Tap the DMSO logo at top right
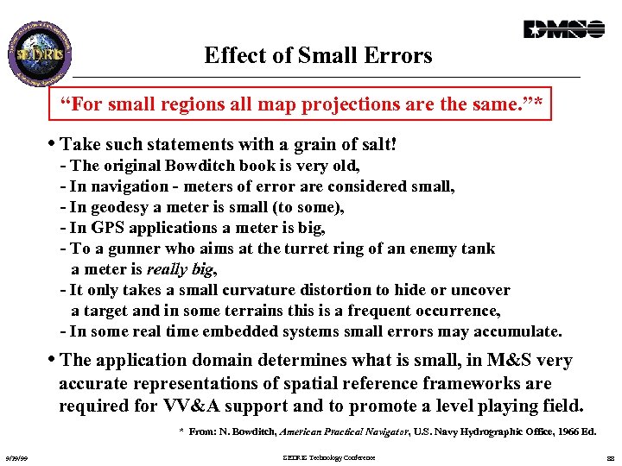pyautogui.click(x=563, y=29)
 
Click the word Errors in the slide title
pyautogui.click(x=398, y=56)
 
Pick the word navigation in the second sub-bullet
pyautogui.click(x=131, y=186)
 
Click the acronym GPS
pyautogui.click(x=110, y=228)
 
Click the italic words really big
pyautogui.click(x=179, y=269)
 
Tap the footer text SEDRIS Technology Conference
pyautogui.click(x=329, y=457)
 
